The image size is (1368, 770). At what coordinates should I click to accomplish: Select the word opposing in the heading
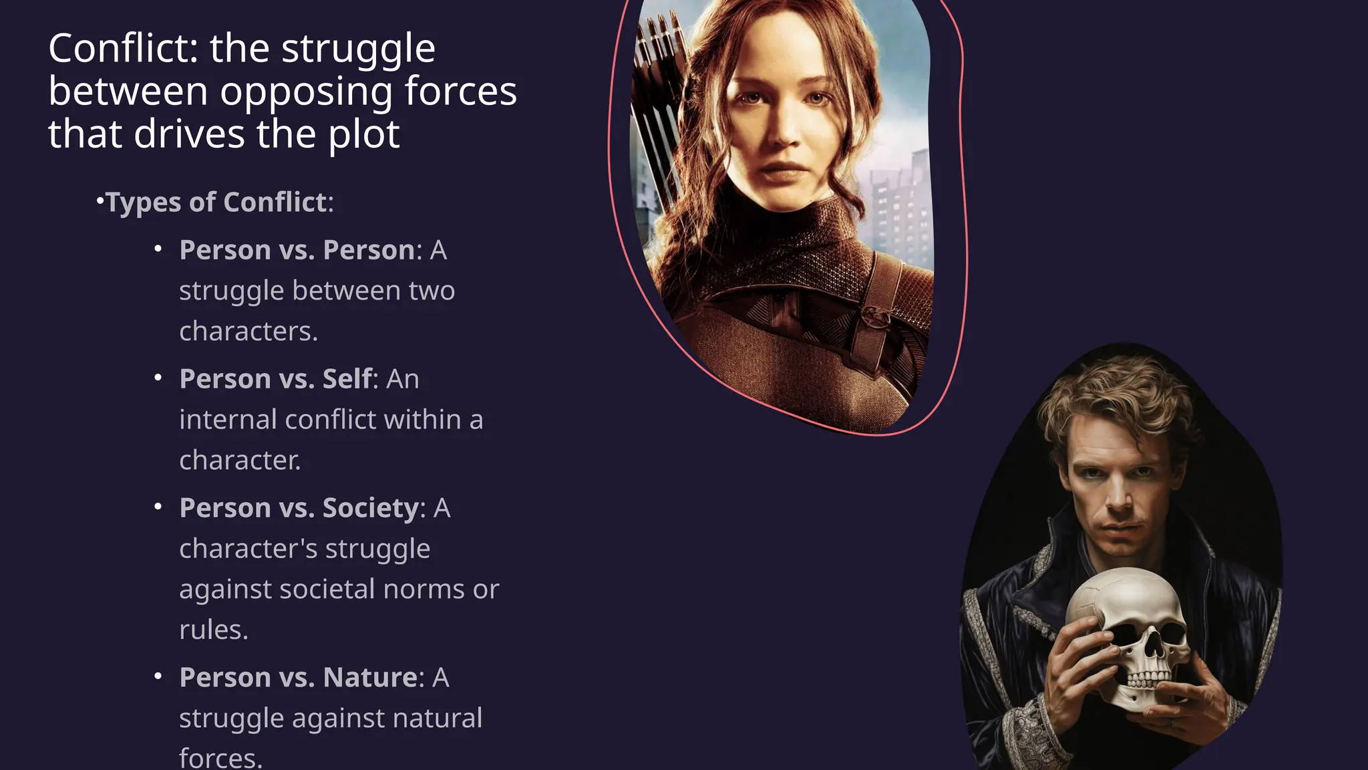click(307, 92)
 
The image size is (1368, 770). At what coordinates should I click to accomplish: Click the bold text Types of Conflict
click(216, 202)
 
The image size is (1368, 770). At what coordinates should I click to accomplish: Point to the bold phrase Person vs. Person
click(297, 250)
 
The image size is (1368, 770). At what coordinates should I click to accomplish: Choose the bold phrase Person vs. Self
click(275, 379)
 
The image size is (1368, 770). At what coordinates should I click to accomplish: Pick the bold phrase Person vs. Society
click(299, 508)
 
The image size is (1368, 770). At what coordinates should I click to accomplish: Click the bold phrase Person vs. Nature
click(298, 677)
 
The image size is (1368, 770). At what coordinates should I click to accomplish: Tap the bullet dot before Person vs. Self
click(158, 378)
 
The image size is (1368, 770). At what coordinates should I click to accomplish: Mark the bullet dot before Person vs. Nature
click(158, 676)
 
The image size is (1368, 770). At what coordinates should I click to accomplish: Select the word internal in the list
click(228, 420)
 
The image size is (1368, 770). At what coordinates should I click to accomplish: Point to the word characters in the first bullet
click(248, 332)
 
